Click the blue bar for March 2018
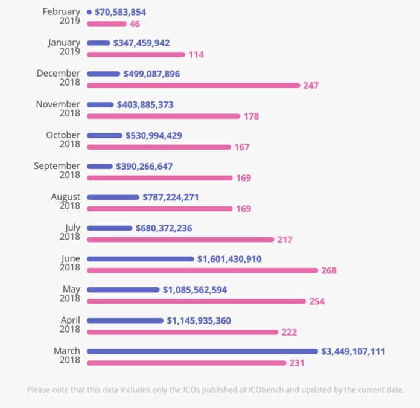pos(202,351)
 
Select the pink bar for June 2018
pos(202,270)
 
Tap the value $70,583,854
pos(120,12)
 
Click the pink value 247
pos(311,86)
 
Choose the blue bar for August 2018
pos(113,197)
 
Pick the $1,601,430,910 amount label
pos(229,259)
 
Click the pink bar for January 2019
pos(136,54)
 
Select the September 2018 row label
pos(57,171)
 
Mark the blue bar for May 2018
pos(123,290)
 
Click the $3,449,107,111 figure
pos(353,351)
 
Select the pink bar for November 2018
pos(164,116)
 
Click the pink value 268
pos(329,270)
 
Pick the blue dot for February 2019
pos(89,12)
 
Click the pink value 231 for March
pos(296,363)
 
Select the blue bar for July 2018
pos(109,228)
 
